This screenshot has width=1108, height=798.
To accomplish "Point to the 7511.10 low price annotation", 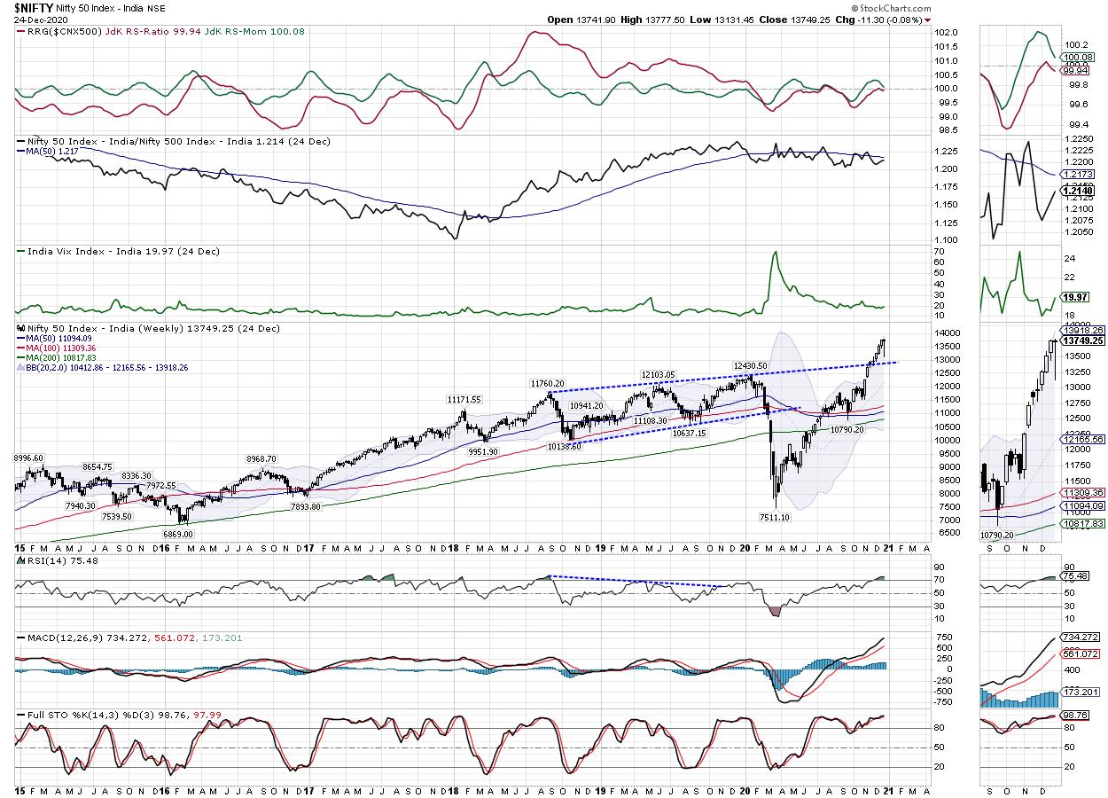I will coord(773,517).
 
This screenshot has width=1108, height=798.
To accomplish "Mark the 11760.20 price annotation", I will coord(549,384).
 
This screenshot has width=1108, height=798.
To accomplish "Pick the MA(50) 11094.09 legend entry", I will coord(60,338).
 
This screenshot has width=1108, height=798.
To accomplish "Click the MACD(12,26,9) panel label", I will coord(59,638).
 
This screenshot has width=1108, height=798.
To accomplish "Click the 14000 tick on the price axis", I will coord(948,332).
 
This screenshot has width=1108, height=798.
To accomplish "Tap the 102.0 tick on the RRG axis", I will coord(947,32).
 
